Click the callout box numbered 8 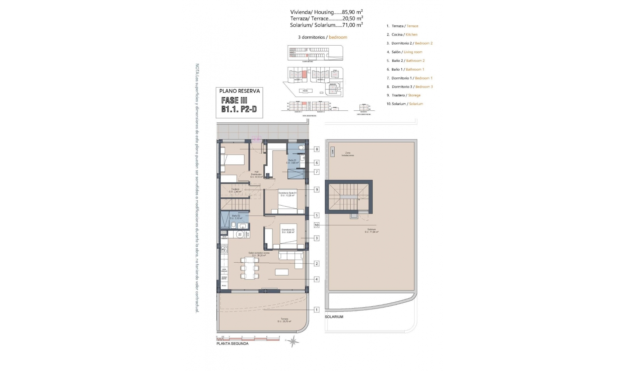(x=316, y=149)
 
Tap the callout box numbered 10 (x=316, y=225)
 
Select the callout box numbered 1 (x=316, y=310)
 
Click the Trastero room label (x=235, y=190)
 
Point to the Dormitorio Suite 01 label (x=287, y=194)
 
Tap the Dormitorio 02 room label (x=288, y=231)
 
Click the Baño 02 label (x=236, y=217)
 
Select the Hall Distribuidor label (x=257, y=174)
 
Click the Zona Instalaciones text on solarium (x=348, y=154)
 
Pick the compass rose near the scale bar (x=293, y=341)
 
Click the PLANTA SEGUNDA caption (x=232, y=344)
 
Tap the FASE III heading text (x=234, y=101)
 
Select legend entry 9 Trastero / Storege (x=404, y=95)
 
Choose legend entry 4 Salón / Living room (x=405, y=52)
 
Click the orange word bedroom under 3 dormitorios (x=338, y=37)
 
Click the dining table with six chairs (x=250, y=268)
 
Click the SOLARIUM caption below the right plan (x=334, y=317)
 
